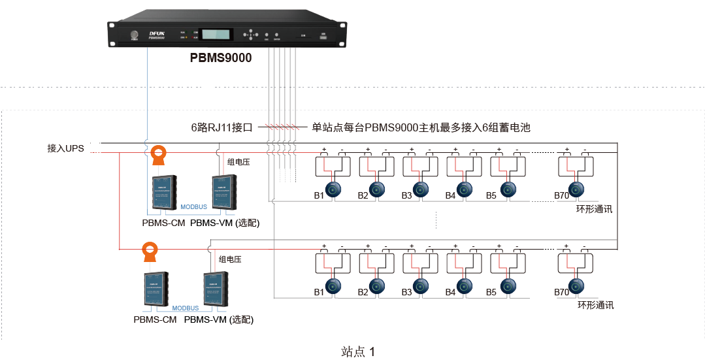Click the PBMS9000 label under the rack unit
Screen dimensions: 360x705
tap(220, 58)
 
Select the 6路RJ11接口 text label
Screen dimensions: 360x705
tap(221, 127)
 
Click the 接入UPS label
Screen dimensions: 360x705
tap(66, 148)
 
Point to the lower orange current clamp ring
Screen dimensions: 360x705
tap(151, 250)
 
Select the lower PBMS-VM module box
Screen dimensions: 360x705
tap(216, 289)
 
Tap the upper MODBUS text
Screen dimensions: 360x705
tap(193, 206)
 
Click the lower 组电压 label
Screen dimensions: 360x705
tap(230, 259)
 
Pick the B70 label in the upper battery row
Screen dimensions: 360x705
tap(561, 195)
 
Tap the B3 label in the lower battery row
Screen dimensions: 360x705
tap(406, 292)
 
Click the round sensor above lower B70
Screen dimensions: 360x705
tap(576, 286)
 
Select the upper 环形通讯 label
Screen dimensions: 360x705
tap(594, 209)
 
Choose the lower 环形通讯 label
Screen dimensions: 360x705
tap(595, 305)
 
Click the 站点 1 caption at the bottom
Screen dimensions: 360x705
tap(358, 352)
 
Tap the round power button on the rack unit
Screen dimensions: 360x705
tap(135, 35)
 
